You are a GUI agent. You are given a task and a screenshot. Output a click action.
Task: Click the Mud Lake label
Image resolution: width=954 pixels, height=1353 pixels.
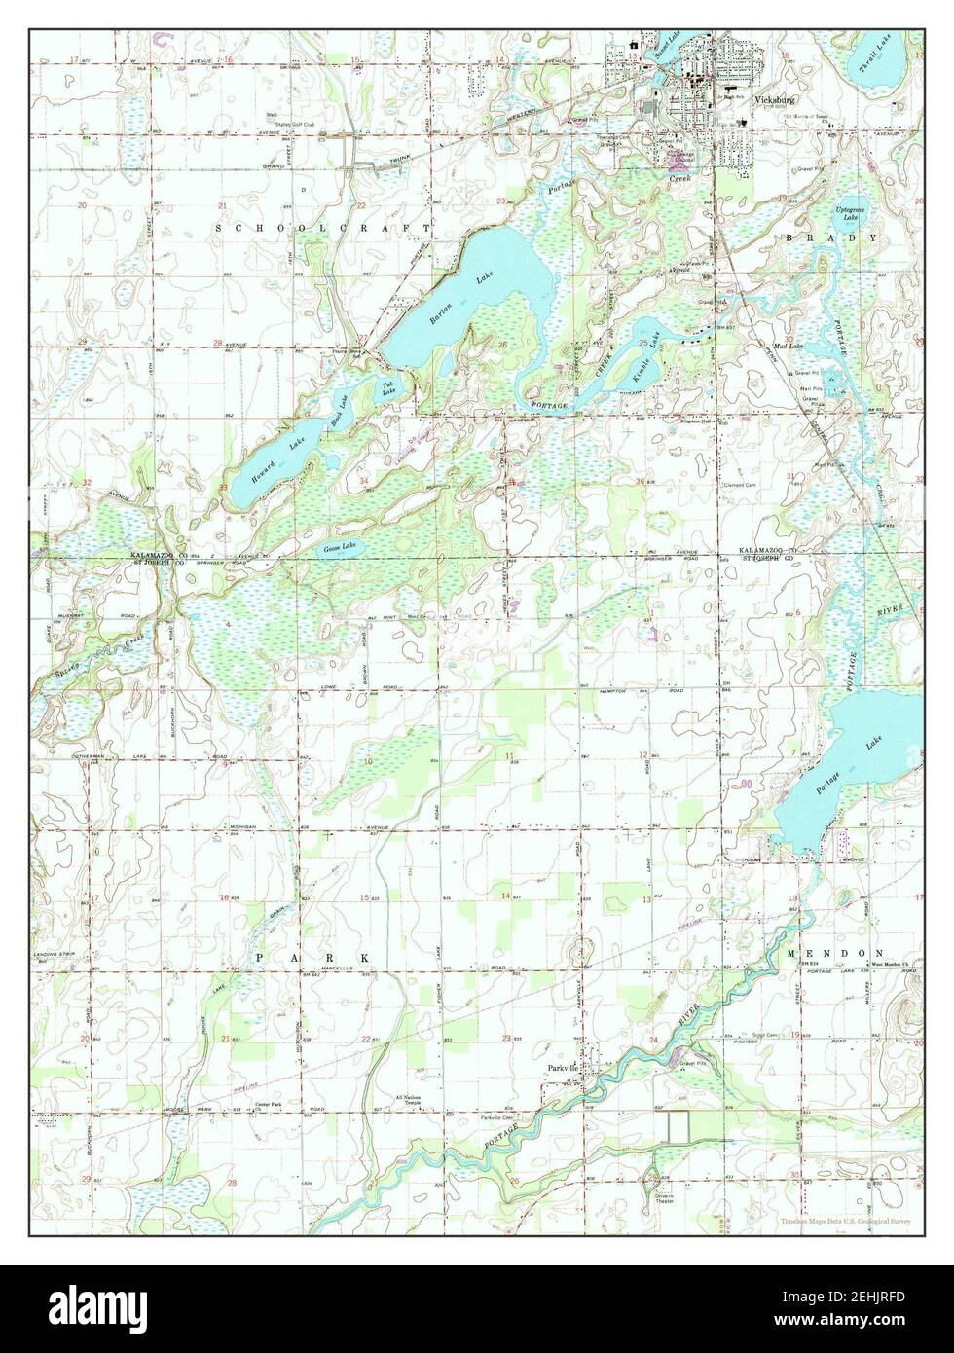click(x=787, y=347)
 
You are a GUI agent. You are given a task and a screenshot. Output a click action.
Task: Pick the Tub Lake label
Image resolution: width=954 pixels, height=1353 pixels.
click(x=388, y=388)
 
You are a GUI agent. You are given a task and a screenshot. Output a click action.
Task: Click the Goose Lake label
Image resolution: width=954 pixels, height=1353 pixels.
click(x=340, y=548)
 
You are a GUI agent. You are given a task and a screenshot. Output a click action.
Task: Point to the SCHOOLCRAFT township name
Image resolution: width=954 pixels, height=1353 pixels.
click(x=321, y=226)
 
